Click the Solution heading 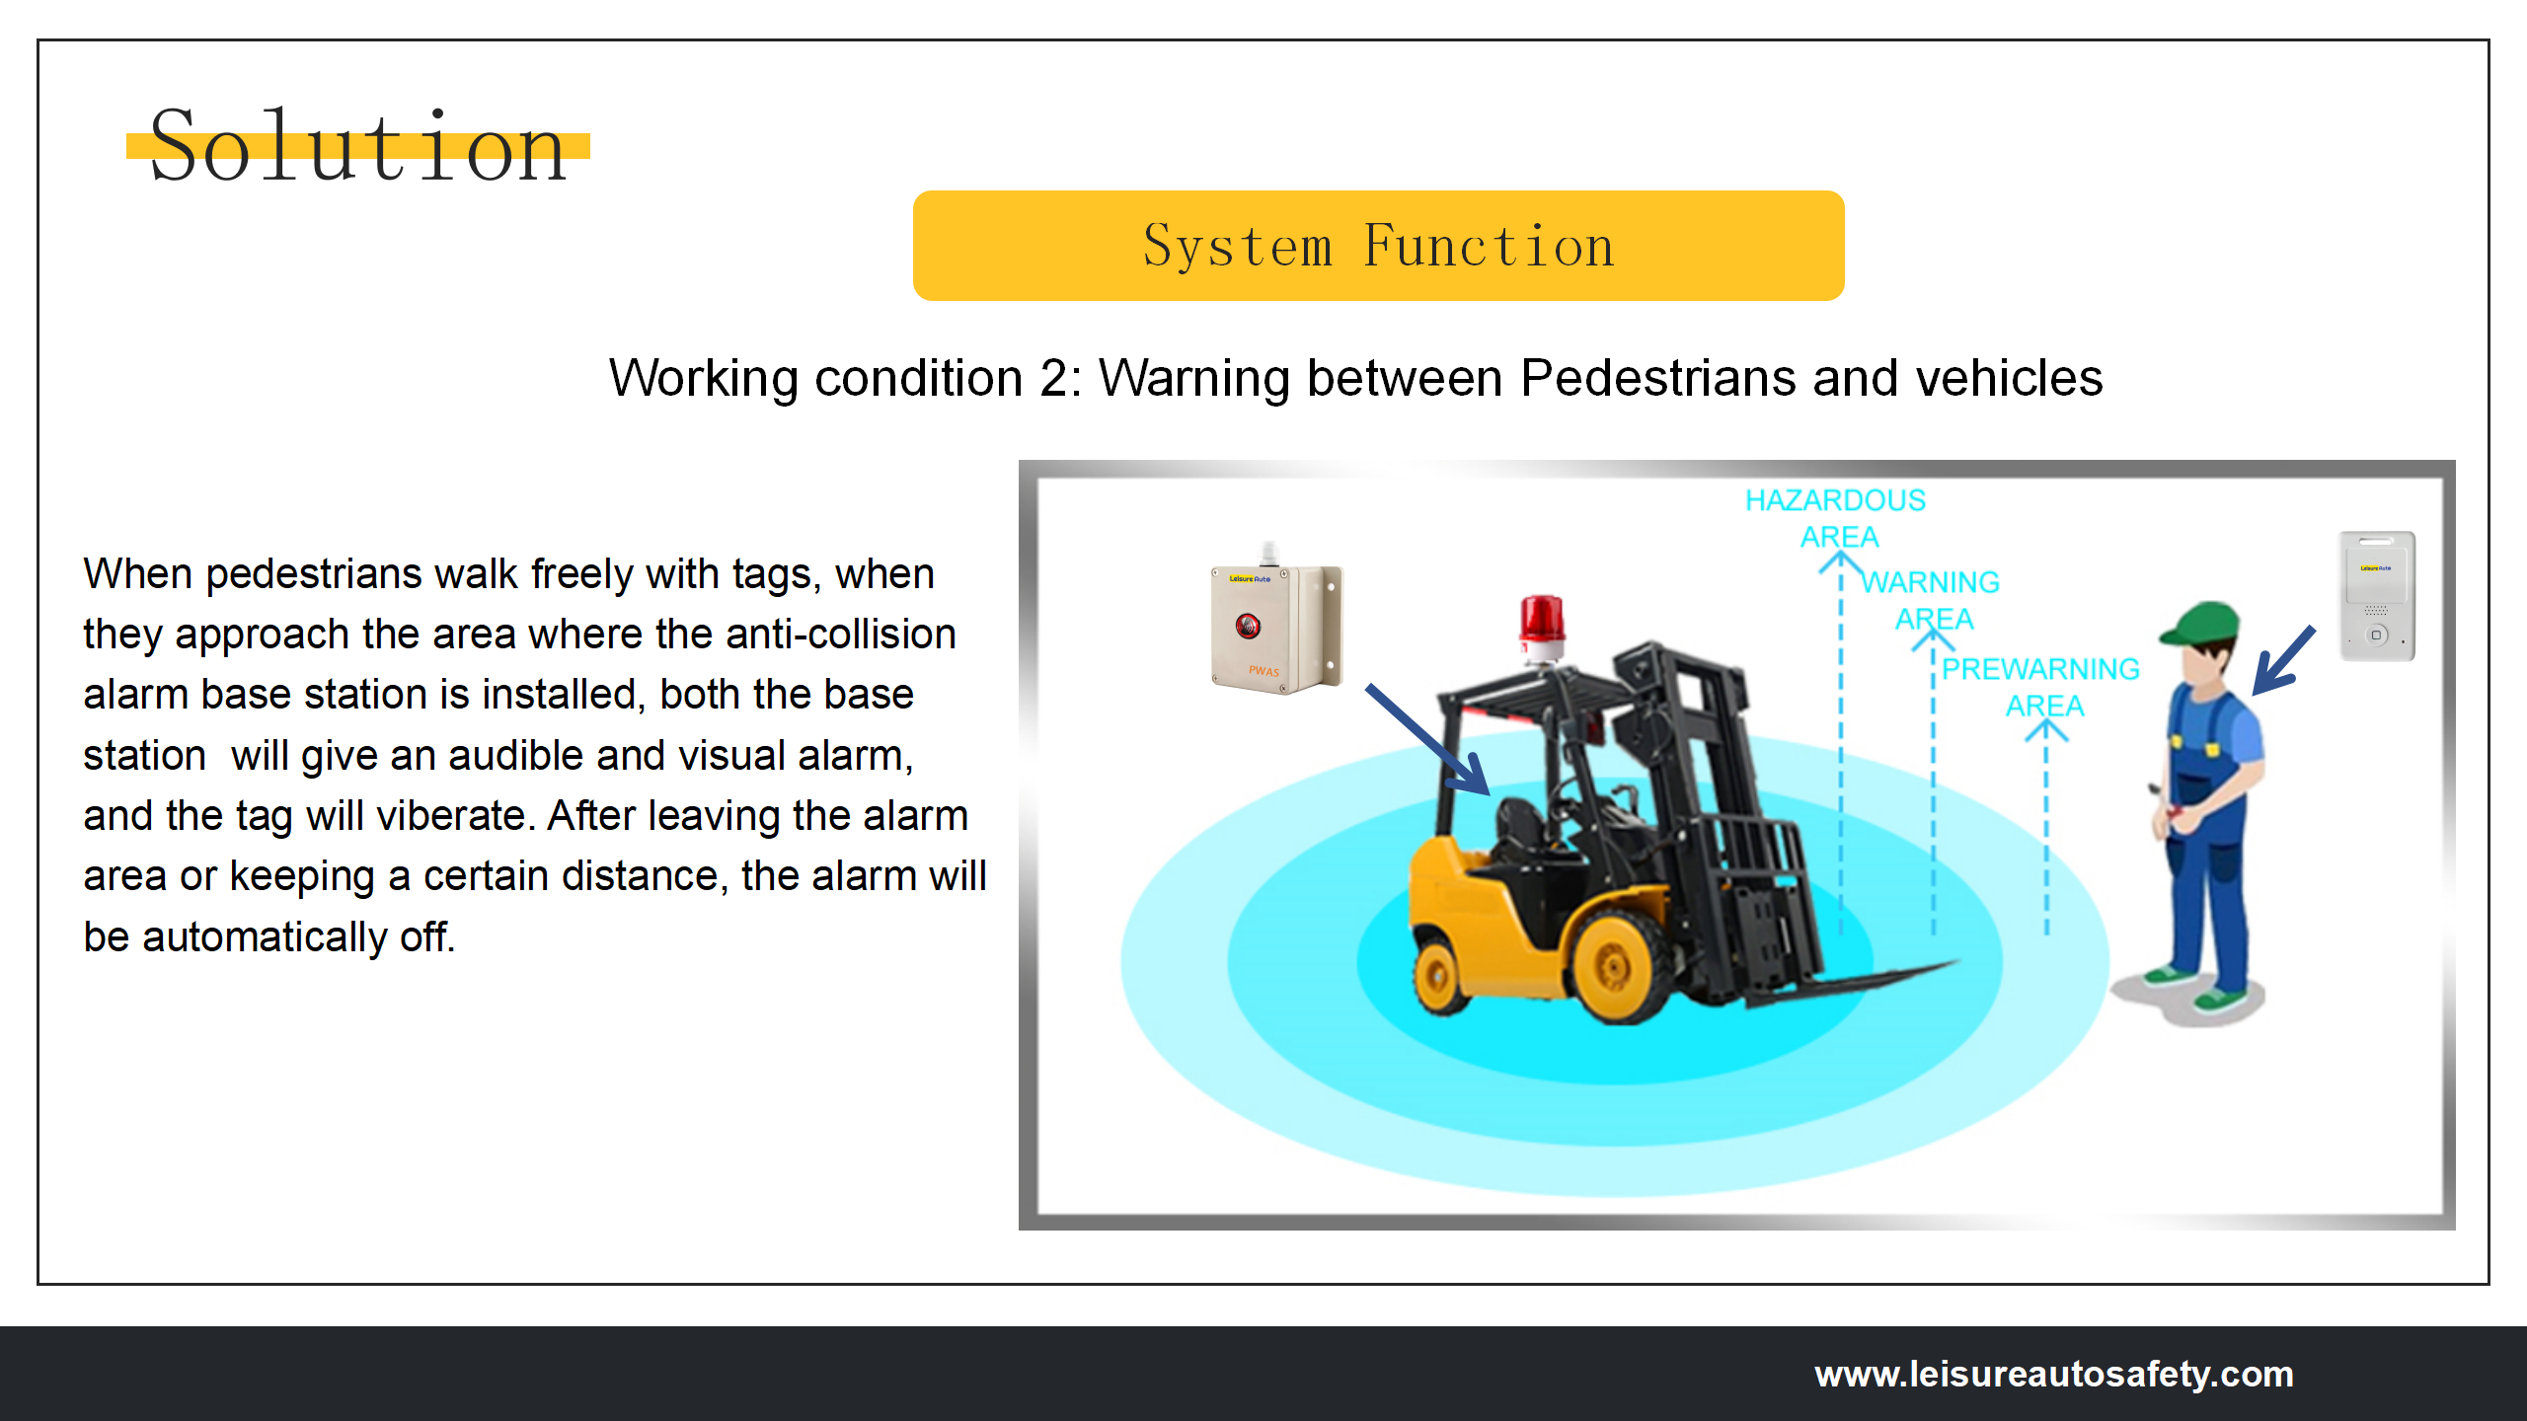pyautogui.click(x=358, y=146)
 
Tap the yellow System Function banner pyautogui.click(x=1378, y=246)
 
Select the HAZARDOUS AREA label pyautogui.click(x=1836, y=518)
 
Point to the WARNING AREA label pyautogui.click(x=1932, y=600)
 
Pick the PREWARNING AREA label pyautogui.click(x=2041, y=687)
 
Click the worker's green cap pyautogui.click(x=2199, y=624)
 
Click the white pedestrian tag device pyautogui.click(x=2377, y=595)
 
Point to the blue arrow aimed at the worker pyautogui.click(x=2283, y=660)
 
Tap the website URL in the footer pyautogui.click(x=2054, y=1374)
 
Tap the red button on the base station pyautogui.click(x=1248, y=625)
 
